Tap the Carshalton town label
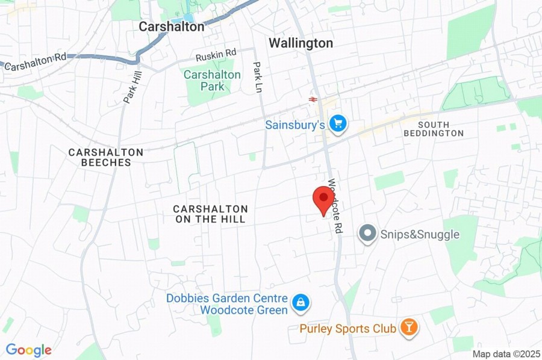[x=172, y=26]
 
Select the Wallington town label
[x=301, y=43]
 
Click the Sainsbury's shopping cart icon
[x=338, y=123]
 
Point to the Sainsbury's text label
[x=295, y=125]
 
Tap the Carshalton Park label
[x=212, y=81]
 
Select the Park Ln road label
[x=258, y=76]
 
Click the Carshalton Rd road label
[x=36, y=61]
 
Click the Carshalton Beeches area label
[x=105, y=157]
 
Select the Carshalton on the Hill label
[x=210, y=214]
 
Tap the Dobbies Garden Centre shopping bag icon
[x=299, y=303]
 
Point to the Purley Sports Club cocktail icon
[x=410, y=328]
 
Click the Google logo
[x=28, y=350]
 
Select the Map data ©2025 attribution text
[x=506, y=354]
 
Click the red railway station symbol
[x=313, y=99]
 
